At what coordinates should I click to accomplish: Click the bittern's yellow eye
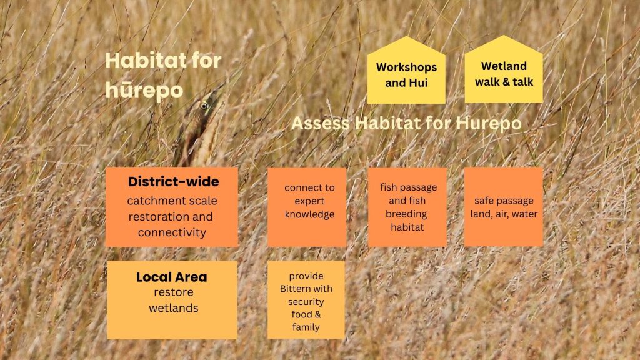(204, 106)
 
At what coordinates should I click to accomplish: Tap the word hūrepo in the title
(144, 90)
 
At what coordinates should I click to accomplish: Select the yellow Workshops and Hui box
(406, 70)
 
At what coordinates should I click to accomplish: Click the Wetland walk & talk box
(504, 69)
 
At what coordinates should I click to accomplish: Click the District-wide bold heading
(174, 182)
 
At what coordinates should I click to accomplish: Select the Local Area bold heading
(172, 277)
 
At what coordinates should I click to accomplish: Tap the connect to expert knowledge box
(307, 207)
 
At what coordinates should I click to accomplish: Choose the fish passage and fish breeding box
(407, 207)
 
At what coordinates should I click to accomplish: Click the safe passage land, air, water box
(504, 207)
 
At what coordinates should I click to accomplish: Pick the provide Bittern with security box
(306, 300)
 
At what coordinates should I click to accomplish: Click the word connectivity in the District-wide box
(172, 232)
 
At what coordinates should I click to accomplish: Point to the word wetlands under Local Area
(174, 308)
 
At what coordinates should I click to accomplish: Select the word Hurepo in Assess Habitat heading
(489, 124)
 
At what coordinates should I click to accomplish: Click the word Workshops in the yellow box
(406, 67)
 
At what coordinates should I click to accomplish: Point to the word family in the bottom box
(306, 327)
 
